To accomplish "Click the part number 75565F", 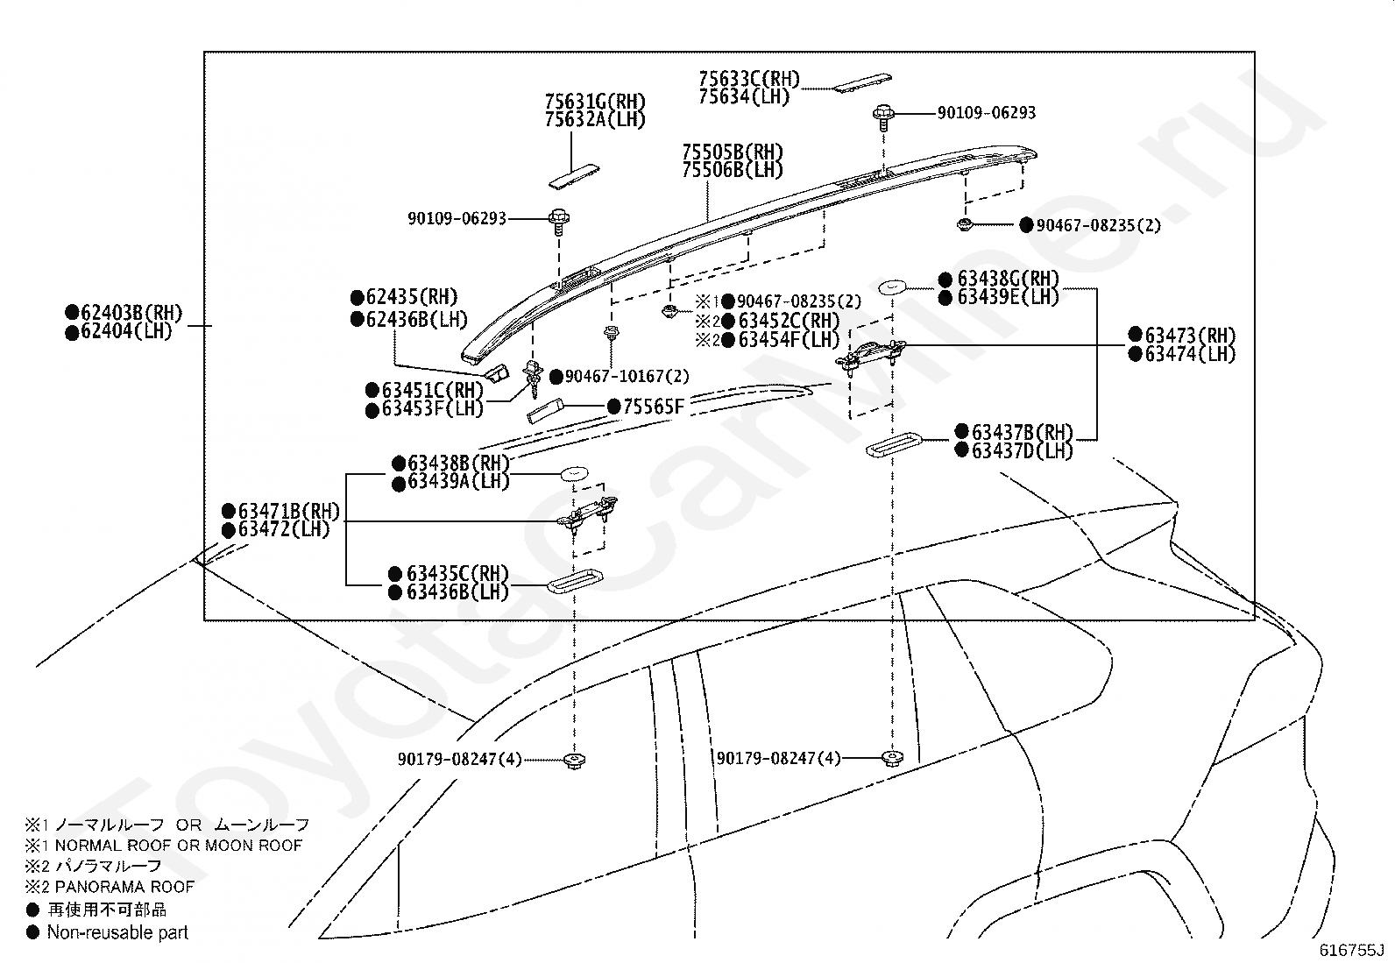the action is tap(654, 407).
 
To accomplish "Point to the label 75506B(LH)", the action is tap(733, 170).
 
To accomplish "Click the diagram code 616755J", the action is tap(1351, 951).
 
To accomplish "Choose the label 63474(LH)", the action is tap(1190, 354).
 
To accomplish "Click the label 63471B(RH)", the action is tap(289, 512).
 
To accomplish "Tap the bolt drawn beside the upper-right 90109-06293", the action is tap(884, 117).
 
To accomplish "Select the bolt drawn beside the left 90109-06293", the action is tap(559, 222).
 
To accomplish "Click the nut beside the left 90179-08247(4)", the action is tap(574, 761).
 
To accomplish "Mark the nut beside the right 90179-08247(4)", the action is tap(892, 759).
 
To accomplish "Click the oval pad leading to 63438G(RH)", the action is tap(892, 287).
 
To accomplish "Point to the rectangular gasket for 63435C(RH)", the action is tap(575, 581).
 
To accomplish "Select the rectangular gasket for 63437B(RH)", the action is tap(893, 444).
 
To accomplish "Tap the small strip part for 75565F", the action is tap(545, 412).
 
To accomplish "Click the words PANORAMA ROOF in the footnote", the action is tap(124, 887).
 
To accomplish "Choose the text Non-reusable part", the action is tap(117, 932).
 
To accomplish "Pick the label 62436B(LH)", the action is tap(416, 320).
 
